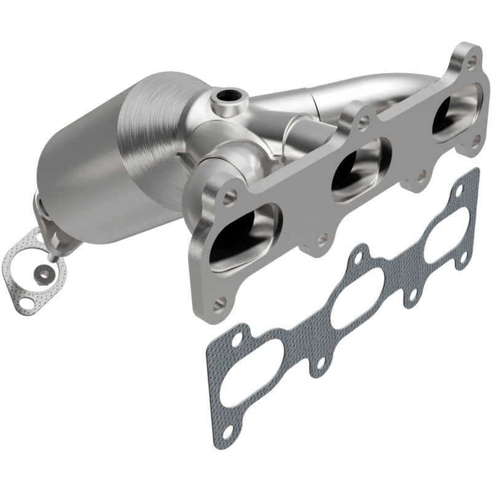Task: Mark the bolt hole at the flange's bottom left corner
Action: click(x=221, y=301)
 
